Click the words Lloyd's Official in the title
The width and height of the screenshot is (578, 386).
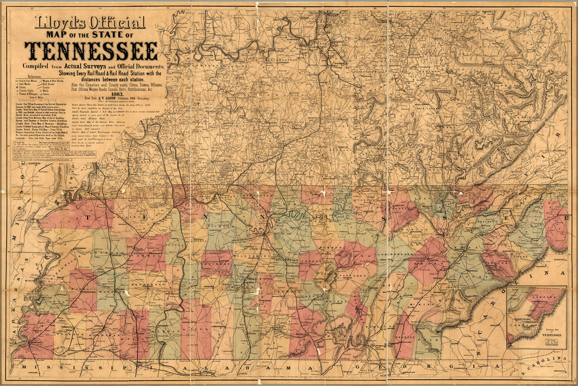(90, 23)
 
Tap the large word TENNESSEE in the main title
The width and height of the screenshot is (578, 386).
(91, 51)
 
